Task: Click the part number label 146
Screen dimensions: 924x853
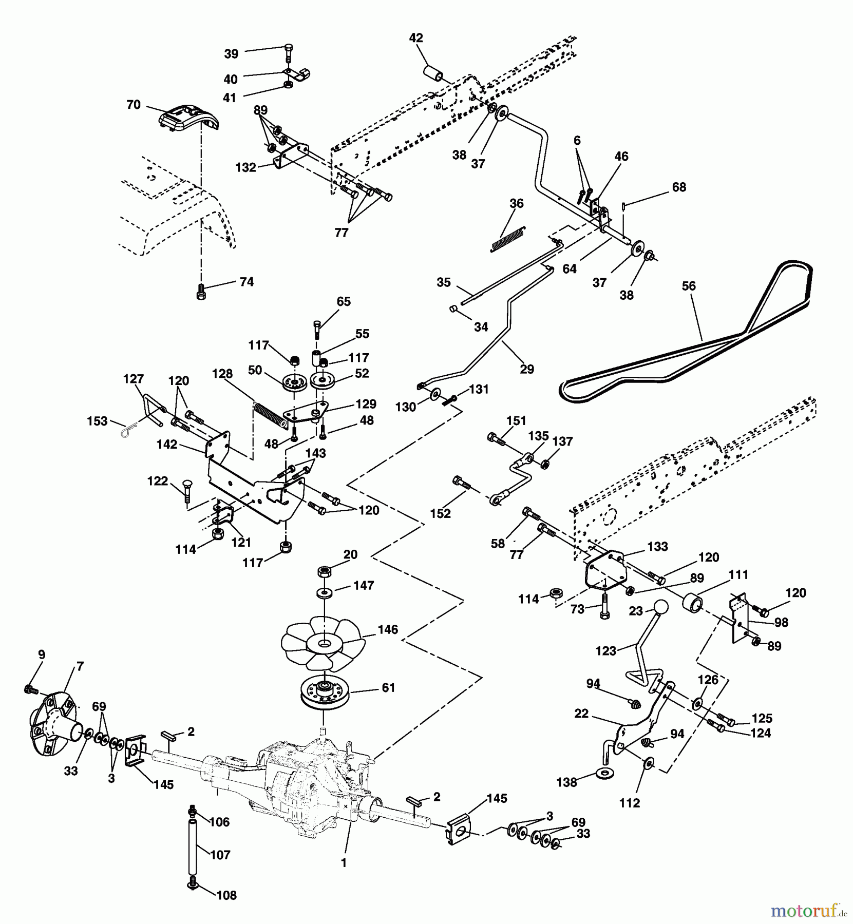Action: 387,630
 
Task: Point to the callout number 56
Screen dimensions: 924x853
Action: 689,286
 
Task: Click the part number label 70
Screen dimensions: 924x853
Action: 133,105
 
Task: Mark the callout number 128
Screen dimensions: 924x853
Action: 222,374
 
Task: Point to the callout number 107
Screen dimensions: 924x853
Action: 220,855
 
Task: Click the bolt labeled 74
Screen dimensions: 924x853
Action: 201,292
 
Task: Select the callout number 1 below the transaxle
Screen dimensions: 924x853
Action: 344,863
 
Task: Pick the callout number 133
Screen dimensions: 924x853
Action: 657,547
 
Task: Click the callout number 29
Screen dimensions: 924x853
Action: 527,369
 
